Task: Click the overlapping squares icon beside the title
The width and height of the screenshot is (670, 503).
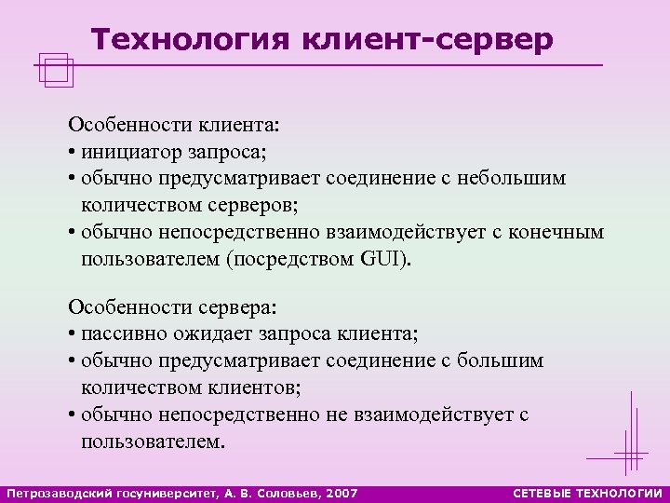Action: (x=57, y=71)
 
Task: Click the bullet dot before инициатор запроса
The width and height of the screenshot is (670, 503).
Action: (x=73, y=151)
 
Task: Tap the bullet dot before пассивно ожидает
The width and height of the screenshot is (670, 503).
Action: (x=73, y=334)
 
